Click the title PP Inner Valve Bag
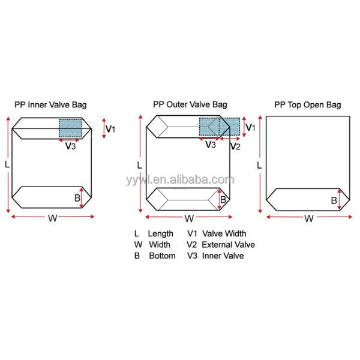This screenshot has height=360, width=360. [x=50, y=105]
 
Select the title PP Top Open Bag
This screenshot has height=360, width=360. [x=308, y=105]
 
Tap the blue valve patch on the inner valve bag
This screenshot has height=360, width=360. [x=70, y=128]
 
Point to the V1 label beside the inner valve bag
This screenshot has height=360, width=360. [x=111, y=128]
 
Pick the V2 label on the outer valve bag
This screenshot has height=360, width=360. [x=235, y=146]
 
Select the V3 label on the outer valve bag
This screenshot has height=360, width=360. [x=211, y=145]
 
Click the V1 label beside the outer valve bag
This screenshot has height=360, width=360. [x=251, y=128]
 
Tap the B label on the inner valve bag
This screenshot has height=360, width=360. [x=77, y=197]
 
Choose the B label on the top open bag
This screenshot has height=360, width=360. [x=334, y=200]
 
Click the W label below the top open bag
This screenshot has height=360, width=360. [x=309, y=219]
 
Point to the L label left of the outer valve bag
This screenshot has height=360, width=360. [x=139, y=165]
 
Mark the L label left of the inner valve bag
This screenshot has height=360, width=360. [x=7, y=163]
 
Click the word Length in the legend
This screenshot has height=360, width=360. [x=161, y=233]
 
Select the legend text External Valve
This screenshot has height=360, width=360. [x=228, y=245]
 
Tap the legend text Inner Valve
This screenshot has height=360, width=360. [x=223, y=256]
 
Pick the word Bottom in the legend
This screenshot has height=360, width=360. [x=162, y=256]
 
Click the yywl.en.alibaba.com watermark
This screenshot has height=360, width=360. [x=180, y=179]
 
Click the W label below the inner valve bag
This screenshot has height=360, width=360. [x=53, y=219]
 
